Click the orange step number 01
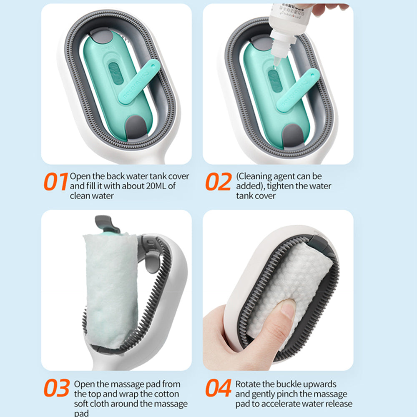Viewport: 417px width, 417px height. point(56,181)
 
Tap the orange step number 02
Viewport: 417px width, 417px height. point(219,181)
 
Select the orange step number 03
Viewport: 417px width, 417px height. point(57,388)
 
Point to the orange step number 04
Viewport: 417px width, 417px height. point(219,388)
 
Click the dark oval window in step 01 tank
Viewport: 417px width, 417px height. point(116,73)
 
